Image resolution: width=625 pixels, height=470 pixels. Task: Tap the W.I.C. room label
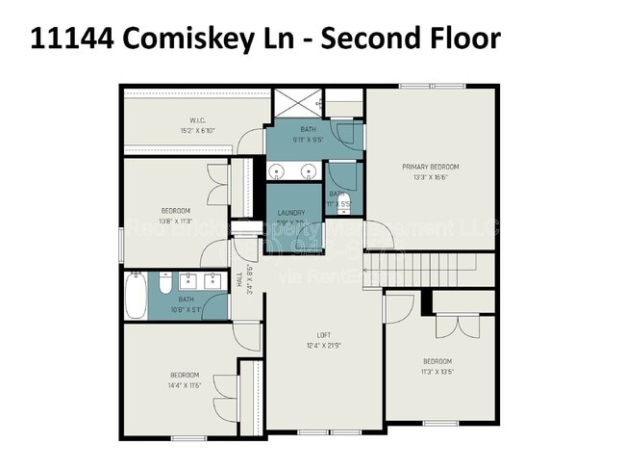click(174, 120)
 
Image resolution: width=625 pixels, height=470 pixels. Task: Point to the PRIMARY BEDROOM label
click(431, 167)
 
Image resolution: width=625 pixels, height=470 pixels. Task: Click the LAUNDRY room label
click(291, 213)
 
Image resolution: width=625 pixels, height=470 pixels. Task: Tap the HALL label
click(240, 279)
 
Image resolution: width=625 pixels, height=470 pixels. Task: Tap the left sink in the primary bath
click(277, 172)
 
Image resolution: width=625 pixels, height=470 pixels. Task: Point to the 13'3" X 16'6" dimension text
click(431, 177)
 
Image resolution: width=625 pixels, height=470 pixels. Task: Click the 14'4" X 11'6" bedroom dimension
click(184, 384)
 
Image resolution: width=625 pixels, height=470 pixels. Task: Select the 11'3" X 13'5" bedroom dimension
click(437, 371)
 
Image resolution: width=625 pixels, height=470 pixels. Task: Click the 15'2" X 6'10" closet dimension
click(174, 130)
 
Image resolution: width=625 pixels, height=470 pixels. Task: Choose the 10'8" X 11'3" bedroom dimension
click(175, 221)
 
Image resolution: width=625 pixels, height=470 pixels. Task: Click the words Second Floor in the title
click(411, 39)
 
